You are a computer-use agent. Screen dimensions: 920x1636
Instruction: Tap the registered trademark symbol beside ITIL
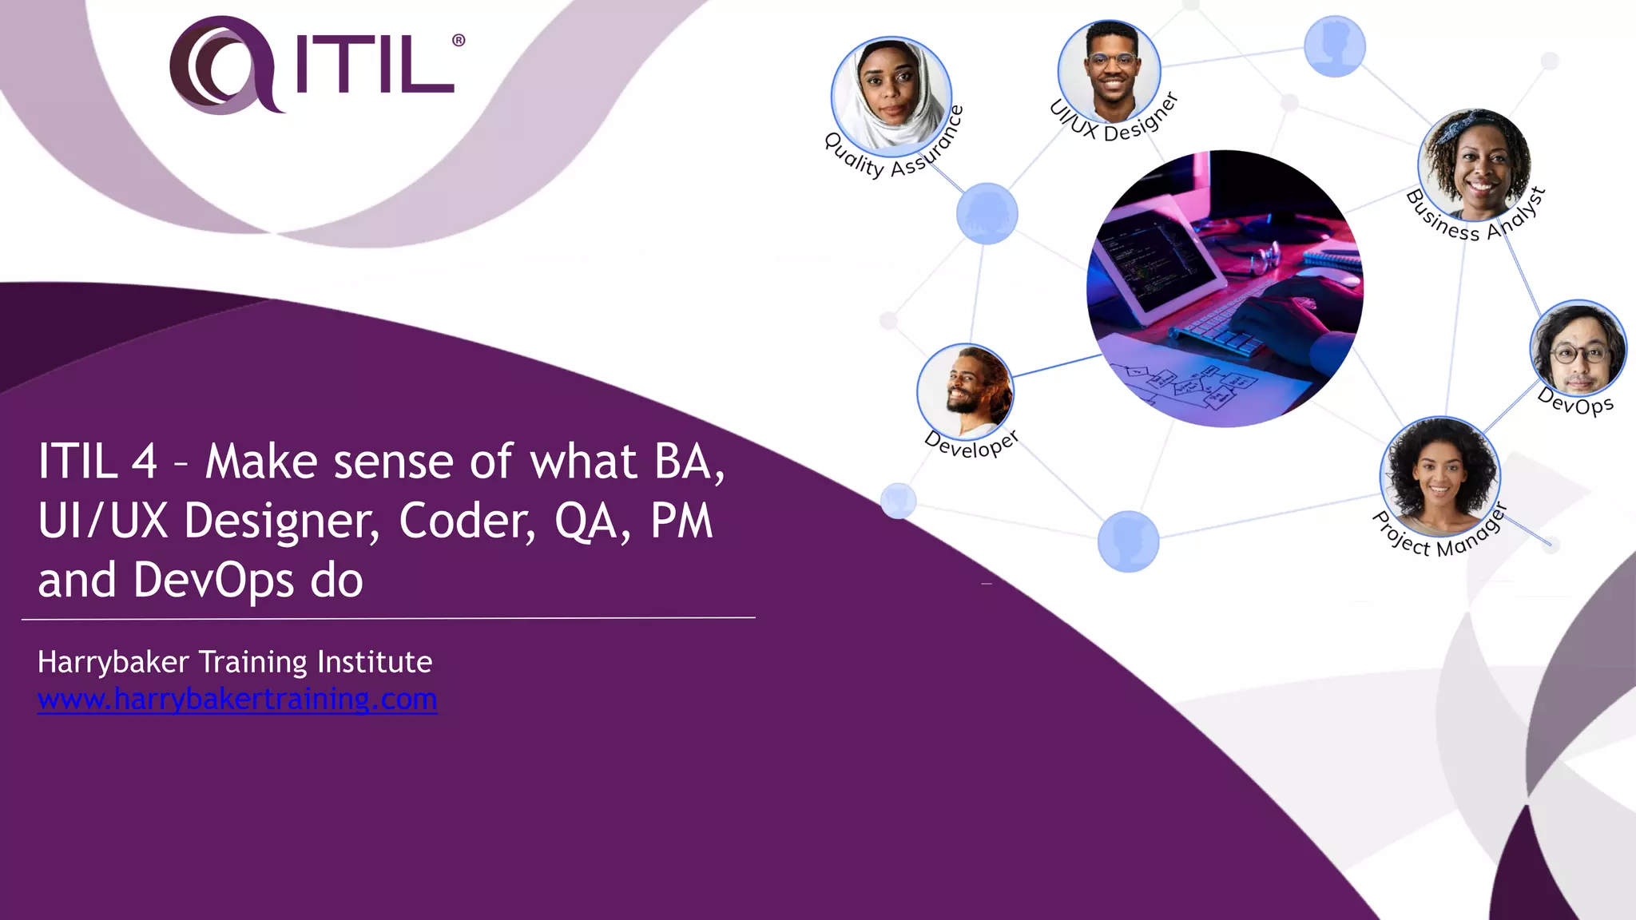click(459, 40)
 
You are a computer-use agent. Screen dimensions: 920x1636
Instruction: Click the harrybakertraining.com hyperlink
click(237, 700)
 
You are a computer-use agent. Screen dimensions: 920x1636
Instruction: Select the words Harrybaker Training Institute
click(235, 662)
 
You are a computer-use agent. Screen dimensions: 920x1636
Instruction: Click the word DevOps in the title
click(213, 581)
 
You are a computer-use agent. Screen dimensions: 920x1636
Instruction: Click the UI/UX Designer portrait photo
click(1110, 70)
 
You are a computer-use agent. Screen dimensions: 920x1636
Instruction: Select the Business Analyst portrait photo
click(1475, 164)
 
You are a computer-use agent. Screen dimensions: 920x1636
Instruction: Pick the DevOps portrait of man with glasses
click(1578, 349)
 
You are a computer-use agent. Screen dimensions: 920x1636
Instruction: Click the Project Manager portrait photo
click(1439, 476)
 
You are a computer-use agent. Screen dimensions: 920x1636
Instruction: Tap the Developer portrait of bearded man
click(966, 391)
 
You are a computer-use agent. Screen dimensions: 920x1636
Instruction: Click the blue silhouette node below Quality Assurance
click(987, 213)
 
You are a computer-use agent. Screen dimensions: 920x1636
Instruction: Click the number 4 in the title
click(144, 462)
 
